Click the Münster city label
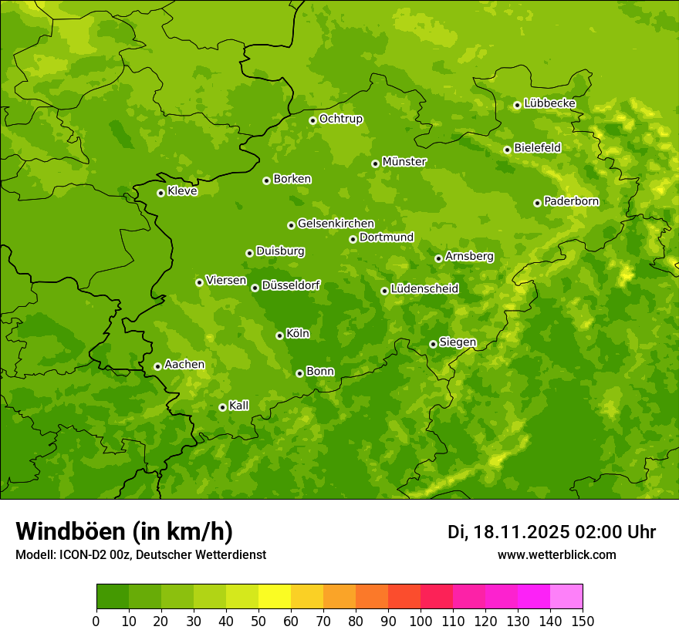(404, 162)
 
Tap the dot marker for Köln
(279, 335)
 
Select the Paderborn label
(571, 201)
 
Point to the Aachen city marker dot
(157, 366)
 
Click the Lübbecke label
(549, 103)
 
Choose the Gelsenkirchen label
(336, 224)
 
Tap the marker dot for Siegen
(433, 344)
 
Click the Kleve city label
(182, 191)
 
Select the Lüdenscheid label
(424, 289)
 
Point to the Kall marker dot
(222, 407)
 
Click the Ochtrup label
(340, 119)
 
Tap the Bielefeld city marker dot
(507, 150)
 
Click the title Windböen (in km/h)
(124, 531)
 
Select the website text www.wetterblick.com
(556, 554)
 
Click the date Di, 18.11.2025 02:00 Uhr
(552, 532)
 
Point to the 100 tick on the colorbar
(421, 621)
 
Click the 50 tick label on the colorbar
(258, 621)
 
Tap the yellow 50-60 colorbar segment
(275, 597)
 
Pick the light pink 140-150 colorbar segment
(566, 597)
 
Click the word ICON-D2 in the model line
(83, 554)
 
